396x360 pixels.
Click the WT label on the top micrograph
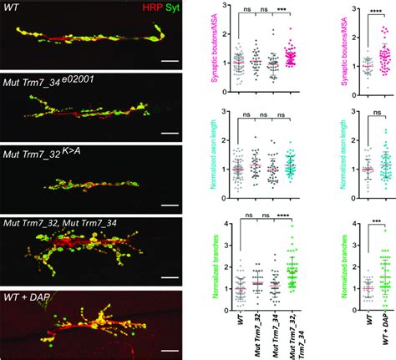click(x=11, y=9)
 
